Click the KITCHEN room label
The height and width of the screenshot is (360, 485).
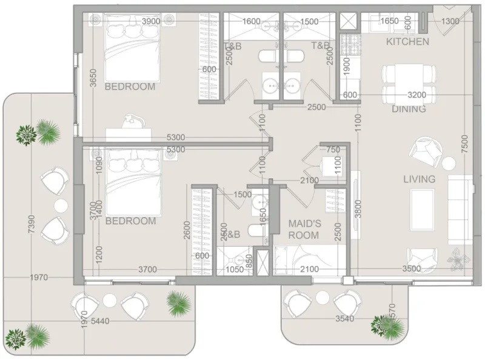pyautogui.click(x=408, y=42)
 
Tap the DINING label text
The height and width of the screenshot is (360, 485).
pyautogui.click(x=409, y=109)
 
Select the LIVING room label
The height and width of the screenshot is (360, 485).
pyautogui.click(x=420, y=179)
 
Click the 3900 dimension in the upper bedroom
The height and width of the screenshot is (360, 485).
pyautogui.click(x=150, y=21)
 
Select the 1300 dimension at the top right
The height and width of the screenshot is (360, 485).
pyautogui.click(x=450, y=21)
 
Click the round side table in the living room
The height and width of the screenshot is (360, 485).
pyautogui.click(x=449, y=163)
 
